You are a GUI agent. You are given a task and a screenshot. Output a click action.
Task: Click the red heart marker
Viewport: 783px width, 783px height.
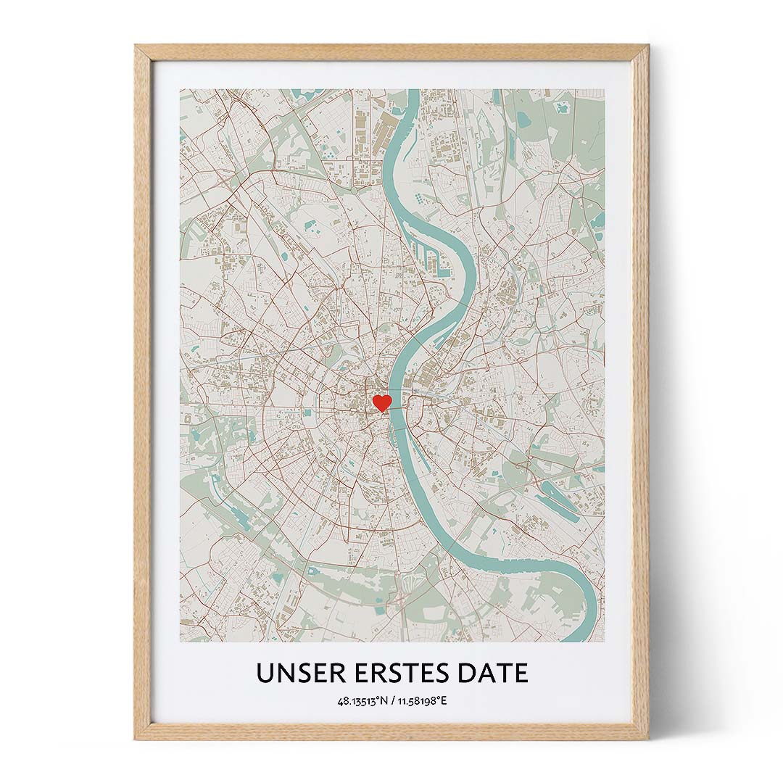click(x=381, y=403)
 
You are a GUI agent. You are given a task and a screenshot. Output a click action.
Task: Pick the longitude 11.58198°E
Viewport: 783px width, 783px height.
click(x=421, y=701)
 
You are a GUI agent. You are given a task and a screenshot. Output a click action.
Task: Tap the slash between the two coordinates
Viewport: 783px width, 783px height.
click(x=392, y=701)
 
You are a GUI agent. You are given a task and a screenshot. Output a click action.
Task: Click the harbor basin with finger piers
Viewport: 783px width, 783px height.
click(x=436, y=254)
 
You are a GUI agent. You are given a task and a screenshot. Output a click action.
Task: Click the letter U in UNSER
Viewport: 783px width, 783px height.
click(x=264, y=674)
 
